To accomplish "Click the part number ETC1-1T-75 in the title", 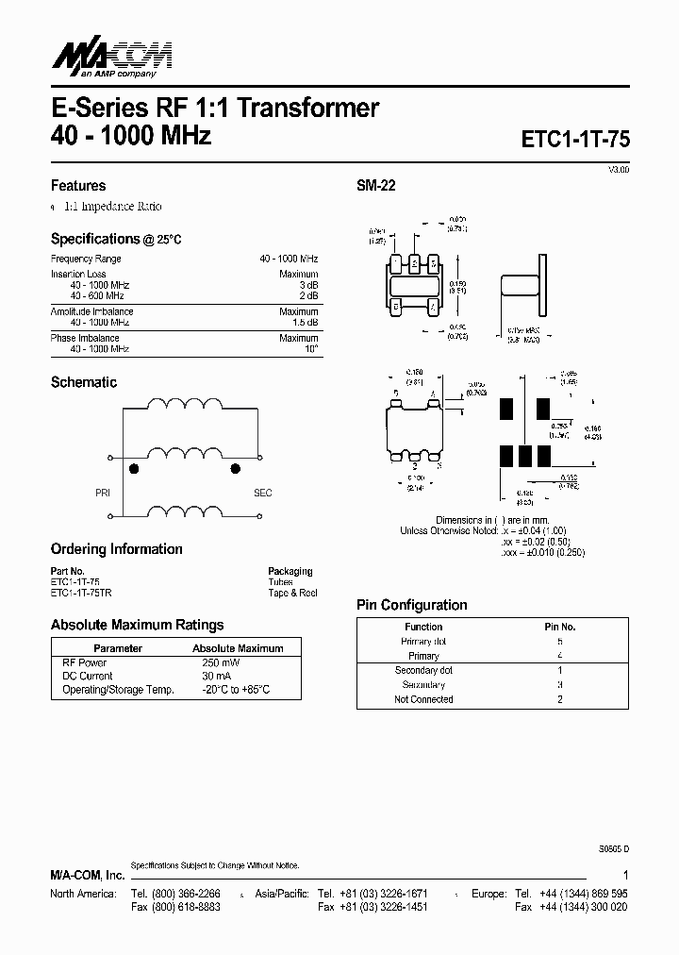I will click(575, 138).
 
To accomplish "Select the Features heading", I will click(78, 186).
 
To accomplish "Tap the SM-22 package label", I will click(375, 186).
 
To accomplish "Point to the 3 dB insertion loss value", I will click(309, 285).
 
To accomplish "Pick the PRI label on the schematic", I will click(103, 493).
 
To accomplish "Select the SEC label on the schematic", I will click(262, 493).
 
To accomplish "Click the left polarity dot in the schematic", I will click(134, 468).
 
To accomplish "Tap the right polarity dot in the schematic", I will click(235, 468).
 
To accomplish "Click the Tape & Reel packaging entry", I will click(292, 593).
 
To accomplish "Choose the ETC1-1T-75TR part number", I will click(80, 593).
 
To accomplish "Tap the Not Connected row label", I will click(423, 699).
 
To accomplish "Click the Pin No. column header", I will click(560, 627).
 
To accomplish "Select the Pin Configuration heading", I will click(411, 605).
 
